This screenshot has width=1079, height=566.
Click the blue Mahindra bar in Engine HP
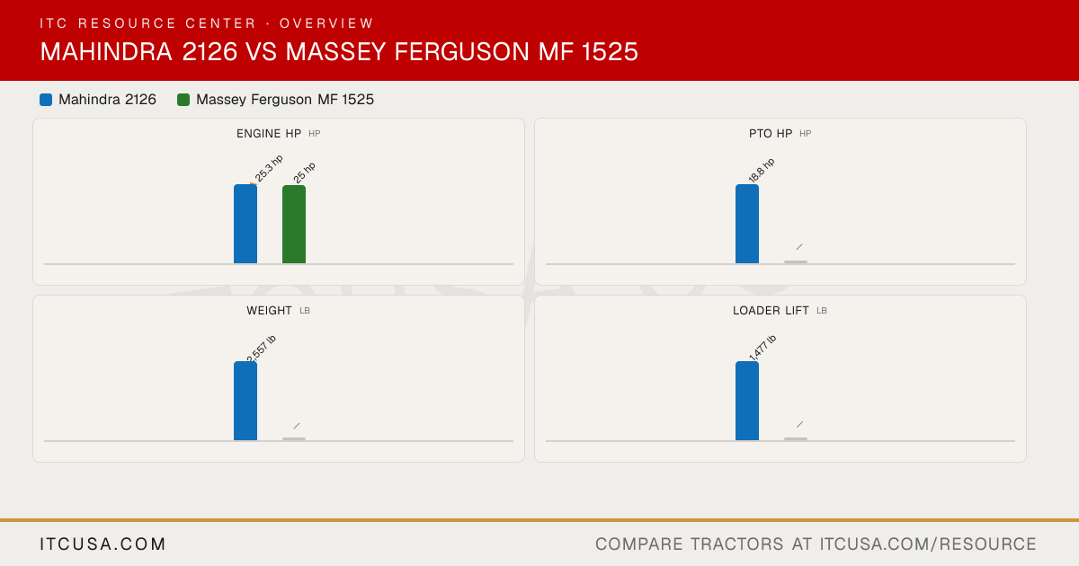(x=245, y=224)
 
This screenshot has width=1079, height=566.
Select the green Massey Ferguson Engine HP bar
(x=294, y=225)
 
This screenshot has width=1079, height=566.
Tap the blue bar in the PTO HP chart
(x=747, y=224)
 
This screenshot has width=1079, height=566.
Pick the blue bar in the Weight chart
(x=245, y=401)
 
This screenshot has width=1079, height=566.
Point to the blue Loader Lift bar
(x=747, y=401)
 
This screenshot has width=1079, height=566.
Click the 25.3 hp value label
(x=269, y=169)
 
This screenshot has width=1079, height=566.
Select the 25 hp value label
(x=305, y=172)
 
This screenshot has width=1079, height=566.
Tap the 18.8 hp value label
(x=761, y=170)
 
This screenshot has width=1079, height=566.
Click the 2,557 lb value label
(x=261, y=348)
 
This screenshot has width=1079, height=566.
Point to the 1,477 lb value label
(x=762, y=348)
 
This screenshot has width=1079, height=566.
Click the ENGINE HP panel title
(x=269, y=133)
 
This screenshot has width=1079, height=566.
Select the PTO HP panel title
(x=771, y=133)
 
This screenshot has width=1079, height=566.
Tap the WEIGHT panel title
(x=269, y=311)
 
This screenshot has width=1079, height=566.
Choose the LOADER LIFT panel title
(x=771, y=311)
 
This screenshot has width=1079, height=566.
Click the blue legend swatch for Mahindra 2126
(x=46, y=100)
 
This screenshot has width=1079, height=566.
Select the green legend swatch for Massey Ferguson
(x=183, y=100)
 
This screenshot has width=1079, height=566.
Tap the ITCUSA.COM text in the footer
(x=103, y=544)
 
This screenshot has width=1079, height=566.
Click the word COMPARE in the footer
(x=638, y=544)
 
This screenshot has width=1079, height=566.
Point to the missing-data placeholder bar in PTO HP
(x=796, y=261)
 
